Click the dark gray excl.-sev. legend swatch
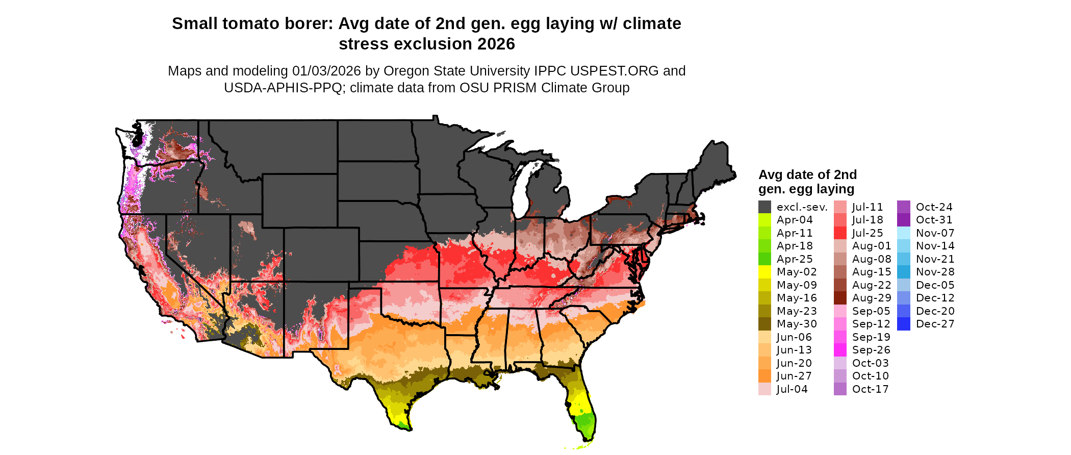764,207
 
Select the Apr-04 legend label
794,220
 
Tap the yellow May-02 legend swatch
764,272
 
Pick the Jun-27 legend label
794,376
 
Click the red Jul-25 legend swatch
840,233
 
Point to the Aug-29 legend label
872,298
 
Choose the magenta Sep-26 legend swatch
840,350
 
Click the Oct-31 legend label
934,220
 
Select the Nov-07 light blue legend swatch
903,233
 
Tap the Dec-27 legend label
935,324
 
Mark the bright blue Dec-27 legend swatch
903,324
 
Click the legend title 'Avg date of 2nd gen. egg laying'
807,182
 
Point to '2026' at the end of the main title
496,44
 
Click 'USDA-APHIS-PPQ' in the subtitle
283,88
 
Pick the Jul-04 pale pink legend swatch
764,389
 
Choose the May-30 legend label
796,324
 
